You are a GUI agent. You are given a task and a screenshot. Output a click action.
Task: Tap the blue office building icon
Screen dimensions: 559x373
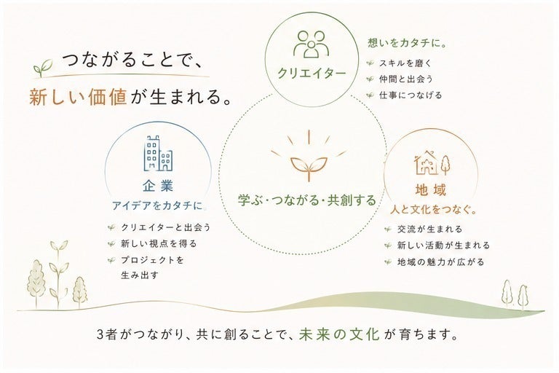click(158, 154)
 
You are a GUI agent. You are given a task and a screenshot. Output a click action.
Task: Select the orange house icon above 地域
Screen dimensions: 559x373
click(432, 163)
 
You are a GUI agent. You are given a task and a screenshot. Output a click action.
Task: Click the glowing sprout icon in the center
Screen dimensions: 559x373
click(309, 157)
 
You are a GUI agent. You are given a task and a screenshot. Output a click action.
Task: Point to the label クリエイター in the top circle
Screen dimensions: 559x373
click(312, 73)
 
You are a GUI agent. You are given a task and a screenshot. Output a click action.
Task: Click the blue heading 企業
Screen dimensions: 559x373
click(158, 186)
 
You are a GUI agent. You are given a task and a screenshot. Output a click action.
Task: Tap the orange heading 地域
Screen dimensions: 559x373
click(431, 190)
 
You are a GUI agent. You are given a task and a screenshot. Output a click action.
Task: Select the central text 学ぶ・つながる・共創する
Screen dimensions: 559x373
click(307, 200)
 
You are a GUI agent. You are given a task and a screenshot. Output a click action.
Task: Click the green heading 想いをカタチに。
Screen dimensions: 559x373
click(408, 43)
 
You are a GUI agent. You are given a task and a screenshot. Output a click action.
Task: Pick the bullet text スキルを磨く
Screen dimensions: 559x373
click(405, 63)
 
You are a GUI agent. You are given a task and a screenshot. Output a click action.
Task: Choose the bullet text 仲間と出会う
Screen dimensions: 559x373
click(406, 79)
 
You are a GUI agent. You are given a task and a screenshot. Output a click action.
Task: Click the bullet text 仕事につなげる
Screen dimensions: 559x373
click(411, 95)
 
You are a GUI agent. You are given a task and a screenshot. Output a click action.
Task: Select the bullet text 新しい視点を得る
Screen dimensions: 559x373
click(159, 244)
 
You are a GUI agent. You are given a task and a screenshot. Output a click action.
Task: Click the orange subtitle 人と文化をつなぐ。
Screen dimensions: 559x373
click(434, 210)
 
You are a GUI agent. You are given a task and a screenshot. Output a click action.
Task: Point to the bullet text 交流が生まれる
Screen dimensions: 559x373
click(430, 229)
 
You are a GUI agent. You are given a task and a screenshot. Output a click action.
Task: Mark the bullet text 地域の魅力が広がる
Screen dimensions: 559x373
click(441, 262)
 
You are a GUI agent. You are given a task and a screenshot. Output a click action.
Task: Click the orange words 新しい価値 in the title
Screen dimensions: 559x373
click(78, 97)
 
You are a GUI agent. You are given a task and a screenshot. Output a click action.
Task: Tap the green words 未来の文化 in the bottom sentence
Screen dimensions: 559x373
click(339, 334)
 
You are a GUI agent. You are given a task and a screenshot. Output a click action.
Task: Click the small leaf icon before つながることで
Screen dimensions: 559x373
click(43, 68)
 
